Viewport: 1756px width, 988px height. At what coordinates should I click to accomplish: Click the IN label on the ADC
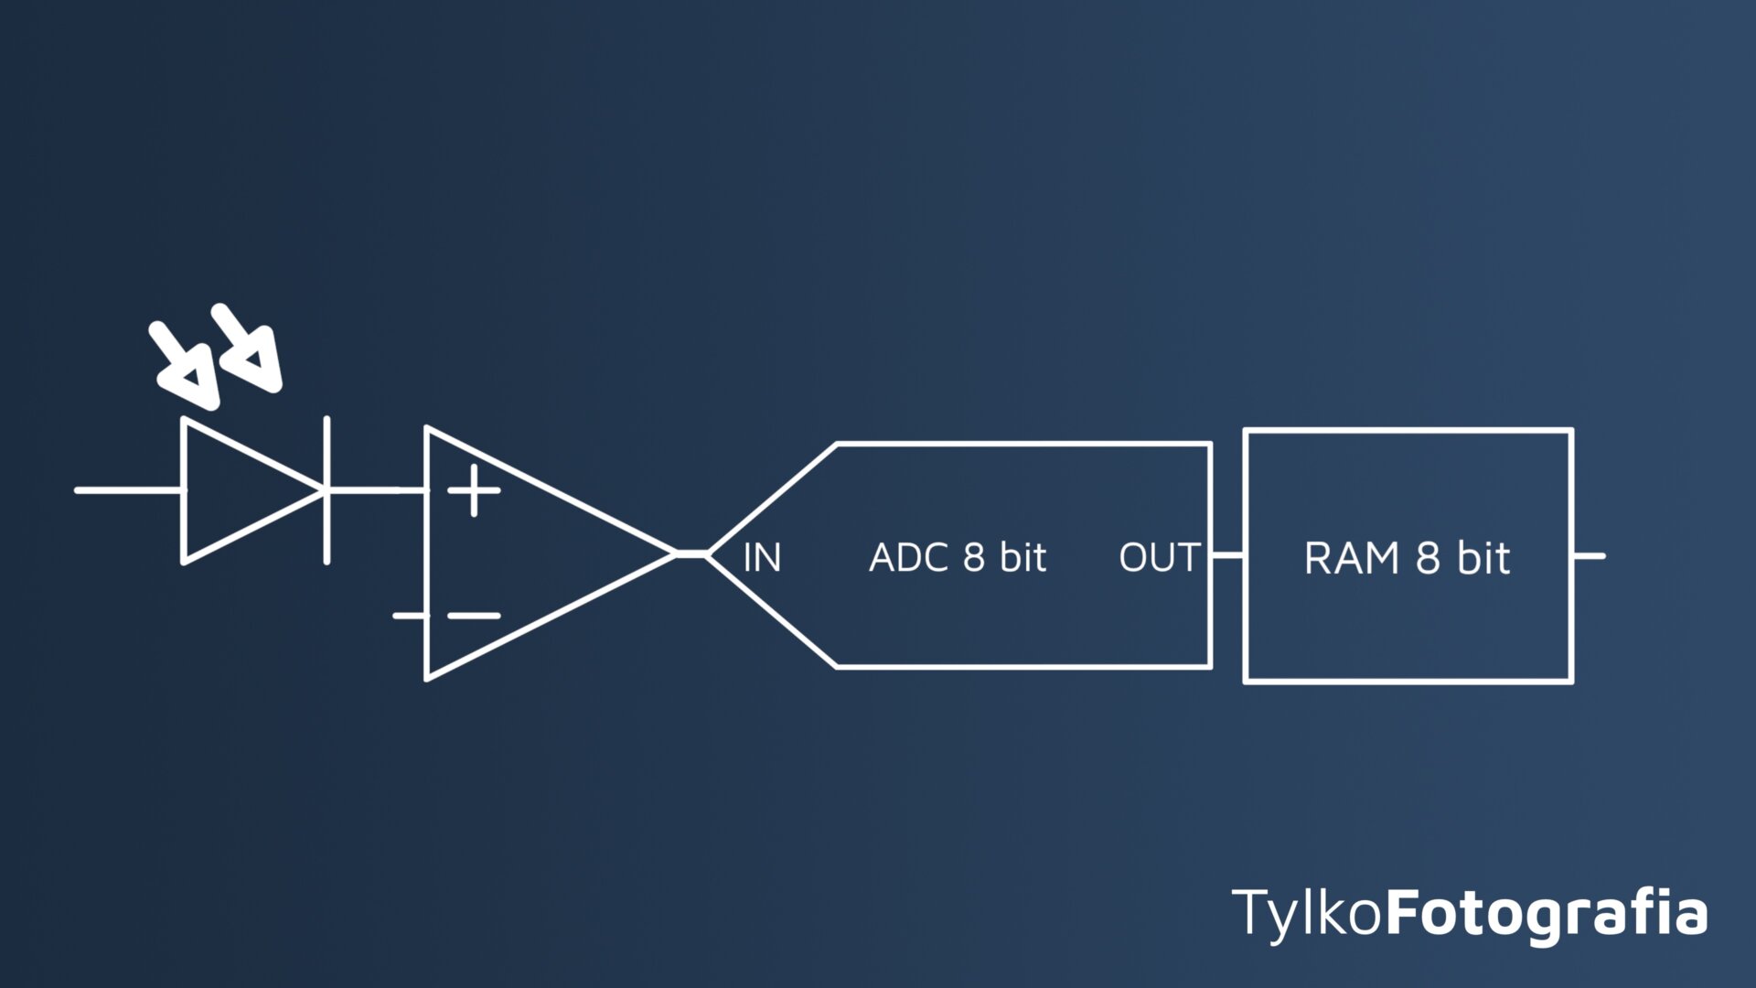click(762, 557)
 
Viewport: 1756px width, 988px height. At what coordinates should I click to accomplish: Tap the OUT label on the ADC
click(1159, 557)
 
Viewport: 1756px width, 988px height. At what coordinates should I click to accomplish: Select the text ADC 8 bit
click(957, 557)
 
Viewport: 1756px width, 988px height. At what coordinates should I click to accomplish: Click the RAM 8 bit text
click(1407, 558)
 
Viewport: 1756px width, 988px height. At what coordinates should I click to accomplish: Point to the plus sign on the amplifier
click(474, 490)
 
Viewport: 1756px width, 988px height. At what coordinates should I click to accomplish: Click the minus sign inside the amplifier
click(474, 616)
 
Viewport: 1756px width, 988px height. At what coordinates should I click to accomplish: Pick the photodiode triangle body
click(238, 490)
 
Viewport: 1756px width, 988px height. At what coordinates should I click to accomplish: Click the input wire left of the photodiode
click(128, 490)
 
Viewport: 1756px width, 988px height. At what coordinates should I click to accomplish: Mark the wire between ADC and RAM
click(1227, 554)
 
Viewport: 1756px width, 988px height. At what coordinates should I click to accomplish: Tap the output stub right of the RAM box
click(1590, 555)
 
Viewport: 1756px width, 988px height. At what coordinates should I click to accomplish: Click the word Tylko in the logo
click(1306, 912)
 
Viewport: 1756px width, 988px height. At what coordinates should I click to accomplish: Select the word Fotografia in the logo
click(1546, 912)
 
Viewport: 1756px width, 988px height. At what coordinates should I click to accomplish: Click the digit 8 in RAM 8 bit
click(1428, 558)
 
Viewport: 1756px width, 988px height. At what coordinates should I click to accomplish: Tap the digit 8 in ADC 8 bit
click(974, 557)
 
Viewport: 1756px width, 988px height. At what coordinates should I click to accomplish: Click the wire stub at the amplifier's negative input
click(409, 616)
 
